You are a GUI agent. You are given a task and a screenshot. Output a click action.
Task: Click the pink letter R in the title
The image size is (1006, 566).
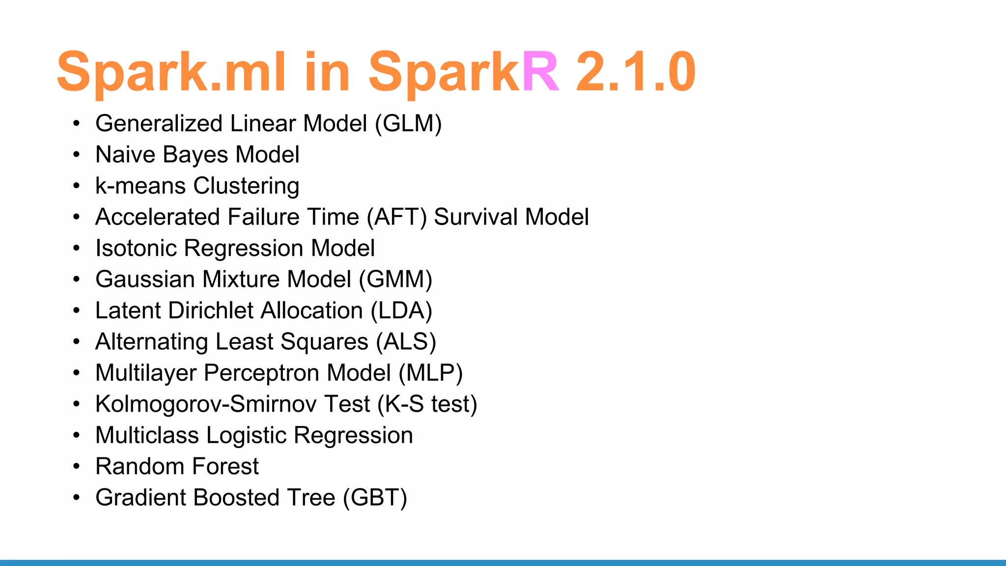click(x=540, y=72)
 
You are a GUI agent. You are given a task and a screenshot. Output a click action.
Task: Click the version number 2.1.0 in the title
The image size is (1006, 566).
click(x=635, y=72)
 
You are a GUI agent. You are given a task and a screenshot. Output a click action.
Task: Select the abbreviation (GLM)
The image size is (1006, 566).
click(x=408, y=123)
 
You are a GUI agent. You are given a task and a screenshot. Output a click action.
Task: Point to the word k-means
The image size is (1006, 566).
click(x=140, y=186)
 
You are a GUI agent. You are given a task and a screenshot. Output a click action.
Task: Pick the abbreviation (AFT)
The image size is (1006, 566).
click(x=397, y=217)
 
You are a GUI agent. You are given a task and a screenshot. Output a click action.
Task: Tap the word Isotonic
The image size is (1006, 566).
click(x=136, y=248)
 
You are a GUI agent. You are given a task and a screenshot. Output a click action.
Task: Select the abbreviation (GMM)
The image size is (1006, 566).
click(x=395, y=280)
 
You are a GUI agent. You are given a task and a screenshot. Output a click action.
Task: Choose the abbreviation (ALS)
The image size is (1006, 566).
click(x=406, y=342)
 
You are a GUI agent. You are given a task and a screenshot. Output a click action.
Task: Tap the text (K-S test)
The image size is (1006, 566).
click(x=427, y=404)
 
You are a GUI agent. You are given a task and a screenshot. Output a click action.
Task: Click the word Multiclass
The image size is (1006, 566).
click(x=147, y=435)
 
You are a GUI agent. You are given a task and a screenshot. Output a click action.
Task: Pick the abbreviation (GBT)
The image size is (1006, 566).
click(x=375, y=498)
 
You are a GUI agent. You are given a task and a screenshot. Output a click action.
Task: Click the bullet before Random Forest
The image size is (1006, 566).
click(x=76, y=466)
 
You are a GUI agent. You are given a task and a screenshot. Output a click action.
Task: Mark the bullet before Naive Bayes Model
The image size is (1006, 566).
click(x=76, y=155)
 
